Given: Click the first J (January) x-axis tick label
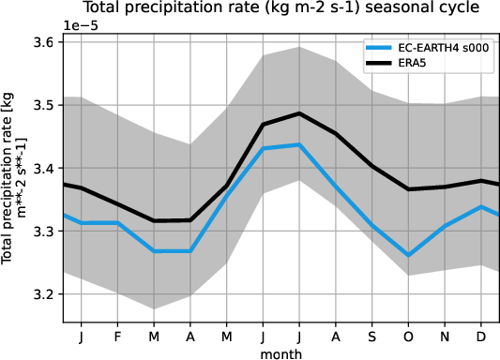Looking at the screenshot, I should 83,336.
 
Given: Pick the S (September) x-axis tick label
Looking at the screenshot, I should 371,336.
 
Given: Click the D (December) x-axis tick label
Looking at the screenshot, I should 480,336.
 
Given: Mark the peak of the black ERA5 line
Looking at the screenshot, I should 299,113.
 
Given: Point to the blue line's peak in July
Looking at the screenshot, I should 299,144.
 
